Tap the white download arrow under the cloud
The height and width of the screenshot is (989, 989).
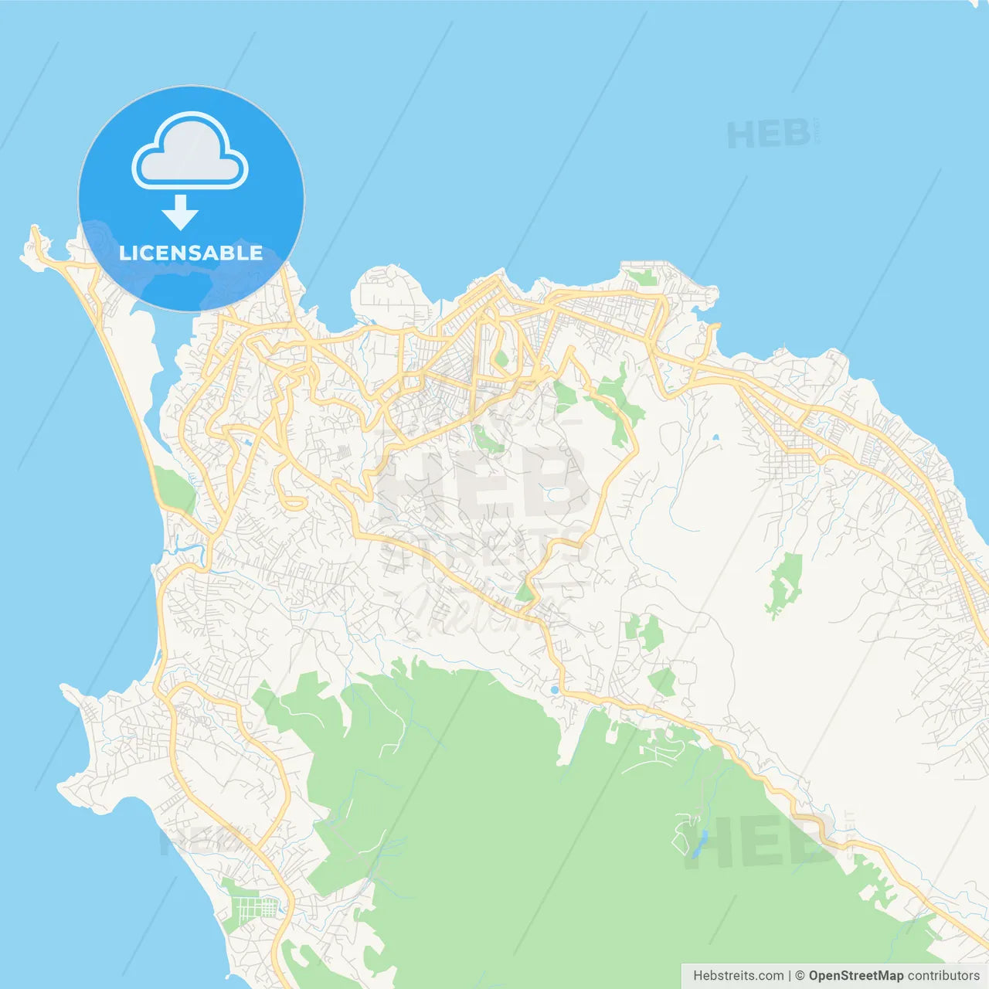181,212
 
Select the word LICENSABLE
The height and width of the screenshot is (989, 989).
191,253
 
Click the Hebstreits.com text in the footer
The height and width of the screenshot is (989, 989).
738,976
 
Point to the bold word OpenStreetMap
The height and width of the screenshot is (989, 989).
855,976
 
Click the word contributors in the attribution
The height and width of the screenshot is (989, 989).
943,976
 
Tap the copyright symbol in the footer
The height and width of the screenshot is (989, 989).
800,976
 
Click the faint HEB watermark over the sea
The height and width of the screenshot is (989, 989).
769,136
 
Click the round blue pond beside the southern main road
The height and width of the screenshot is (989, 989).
554,689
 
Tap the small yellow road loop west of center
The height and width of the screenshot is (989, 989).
292,501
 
